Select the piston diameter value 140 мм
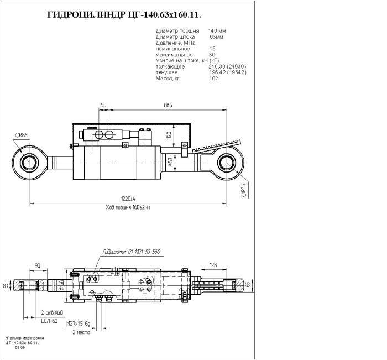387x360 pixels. [x=217, y=30]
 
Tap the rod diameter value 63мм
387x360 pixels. [x=217, y=36]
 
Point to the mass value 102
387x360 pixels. [x=213, y=79]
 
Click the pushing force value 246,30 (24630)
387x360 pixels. [x=227, y=66]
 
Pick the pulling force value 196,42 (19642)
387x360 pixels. [x=227, y=72]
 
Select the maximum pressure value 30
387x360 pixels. [x=212, y=54]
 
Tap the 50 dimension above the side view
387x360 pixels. [x=103, y=105]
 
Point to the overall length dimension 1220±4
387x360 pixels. [x=128, y=198]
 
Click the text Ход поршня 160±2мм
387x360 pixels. [x=128, y=207]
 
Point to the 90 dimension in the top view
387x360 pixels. [x=38, y=266]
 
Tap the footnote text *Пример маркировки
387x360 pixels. [x=24, y=337]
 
